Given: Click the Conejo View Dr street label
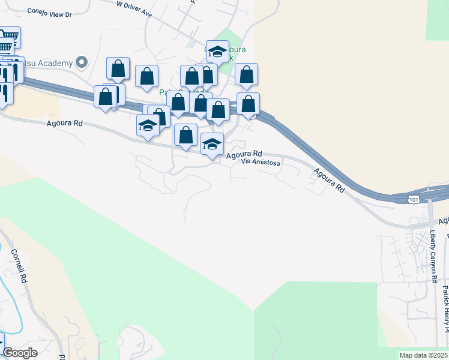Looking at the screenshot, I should tap(49, 13).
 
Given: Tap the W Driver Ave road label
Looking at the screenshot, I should tap(134, 8).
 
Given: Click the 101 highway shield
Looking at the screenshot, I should tap(413, 199).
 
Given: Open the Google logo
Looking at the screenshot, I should tap(20, 353).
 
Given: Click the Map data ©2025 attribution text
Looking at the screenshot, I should tap(424, 355).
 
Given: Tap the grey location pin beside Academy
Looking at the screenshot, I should tap(82, 62).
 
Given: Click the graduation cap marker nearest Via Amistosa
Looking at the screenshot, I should tap(212, 144).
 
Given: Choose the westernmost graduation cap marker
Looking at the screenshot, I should tap(148, 125).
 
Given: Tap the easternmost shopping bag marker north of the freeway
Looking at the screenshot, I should tap(246, 74).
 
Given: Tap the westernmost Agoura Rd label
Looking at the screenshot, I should tap(64, 124).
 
